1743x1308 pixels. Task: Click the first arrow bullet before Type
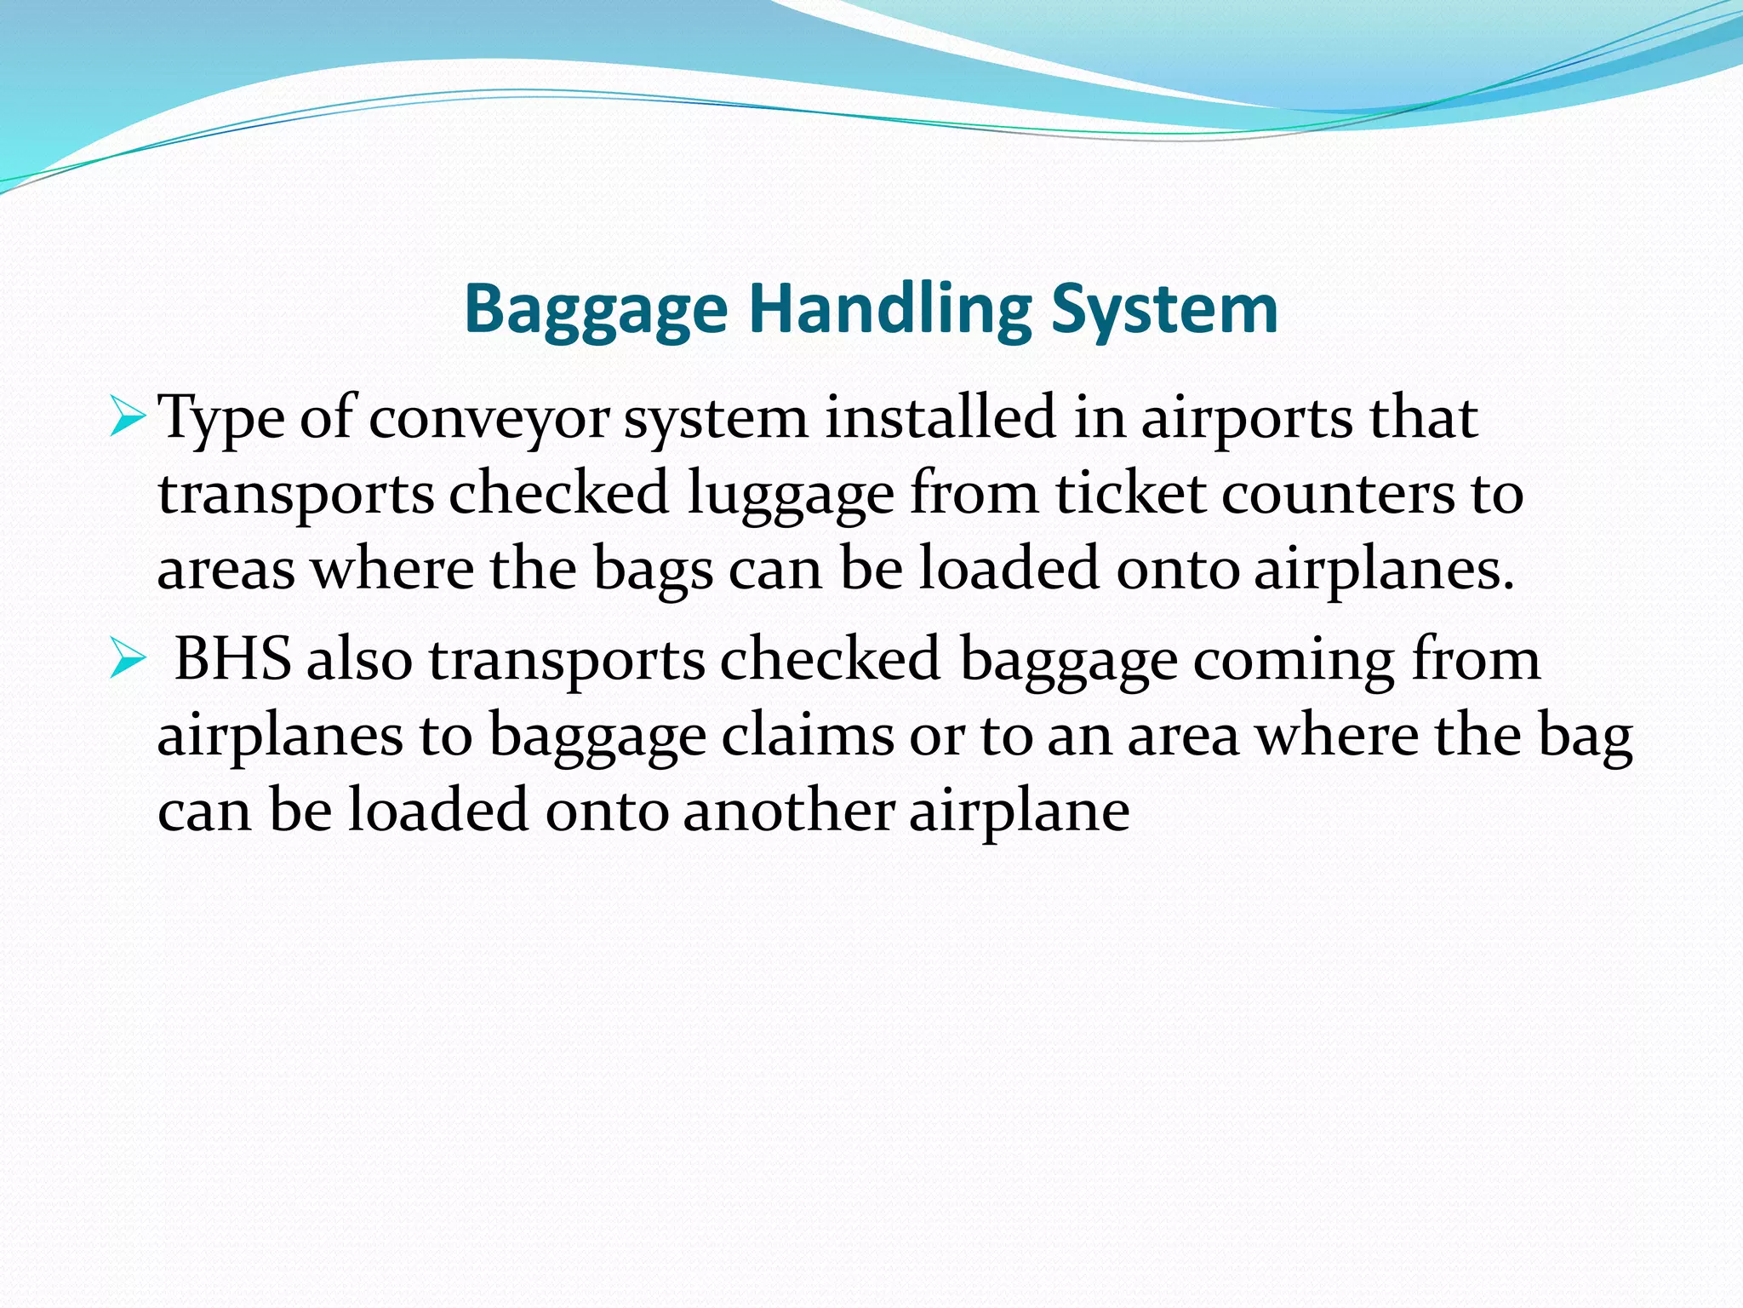coord(128,418)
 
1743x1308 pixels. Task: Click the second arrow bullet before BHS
coord(128,660)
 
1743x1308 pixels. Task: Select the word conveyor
coord(489,420)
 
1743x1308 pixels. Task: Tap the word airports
coord(1246,420)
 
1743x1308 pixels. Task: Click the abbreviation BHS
coord(232,659)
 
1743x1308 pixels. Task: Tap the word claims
coord(808,736)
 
